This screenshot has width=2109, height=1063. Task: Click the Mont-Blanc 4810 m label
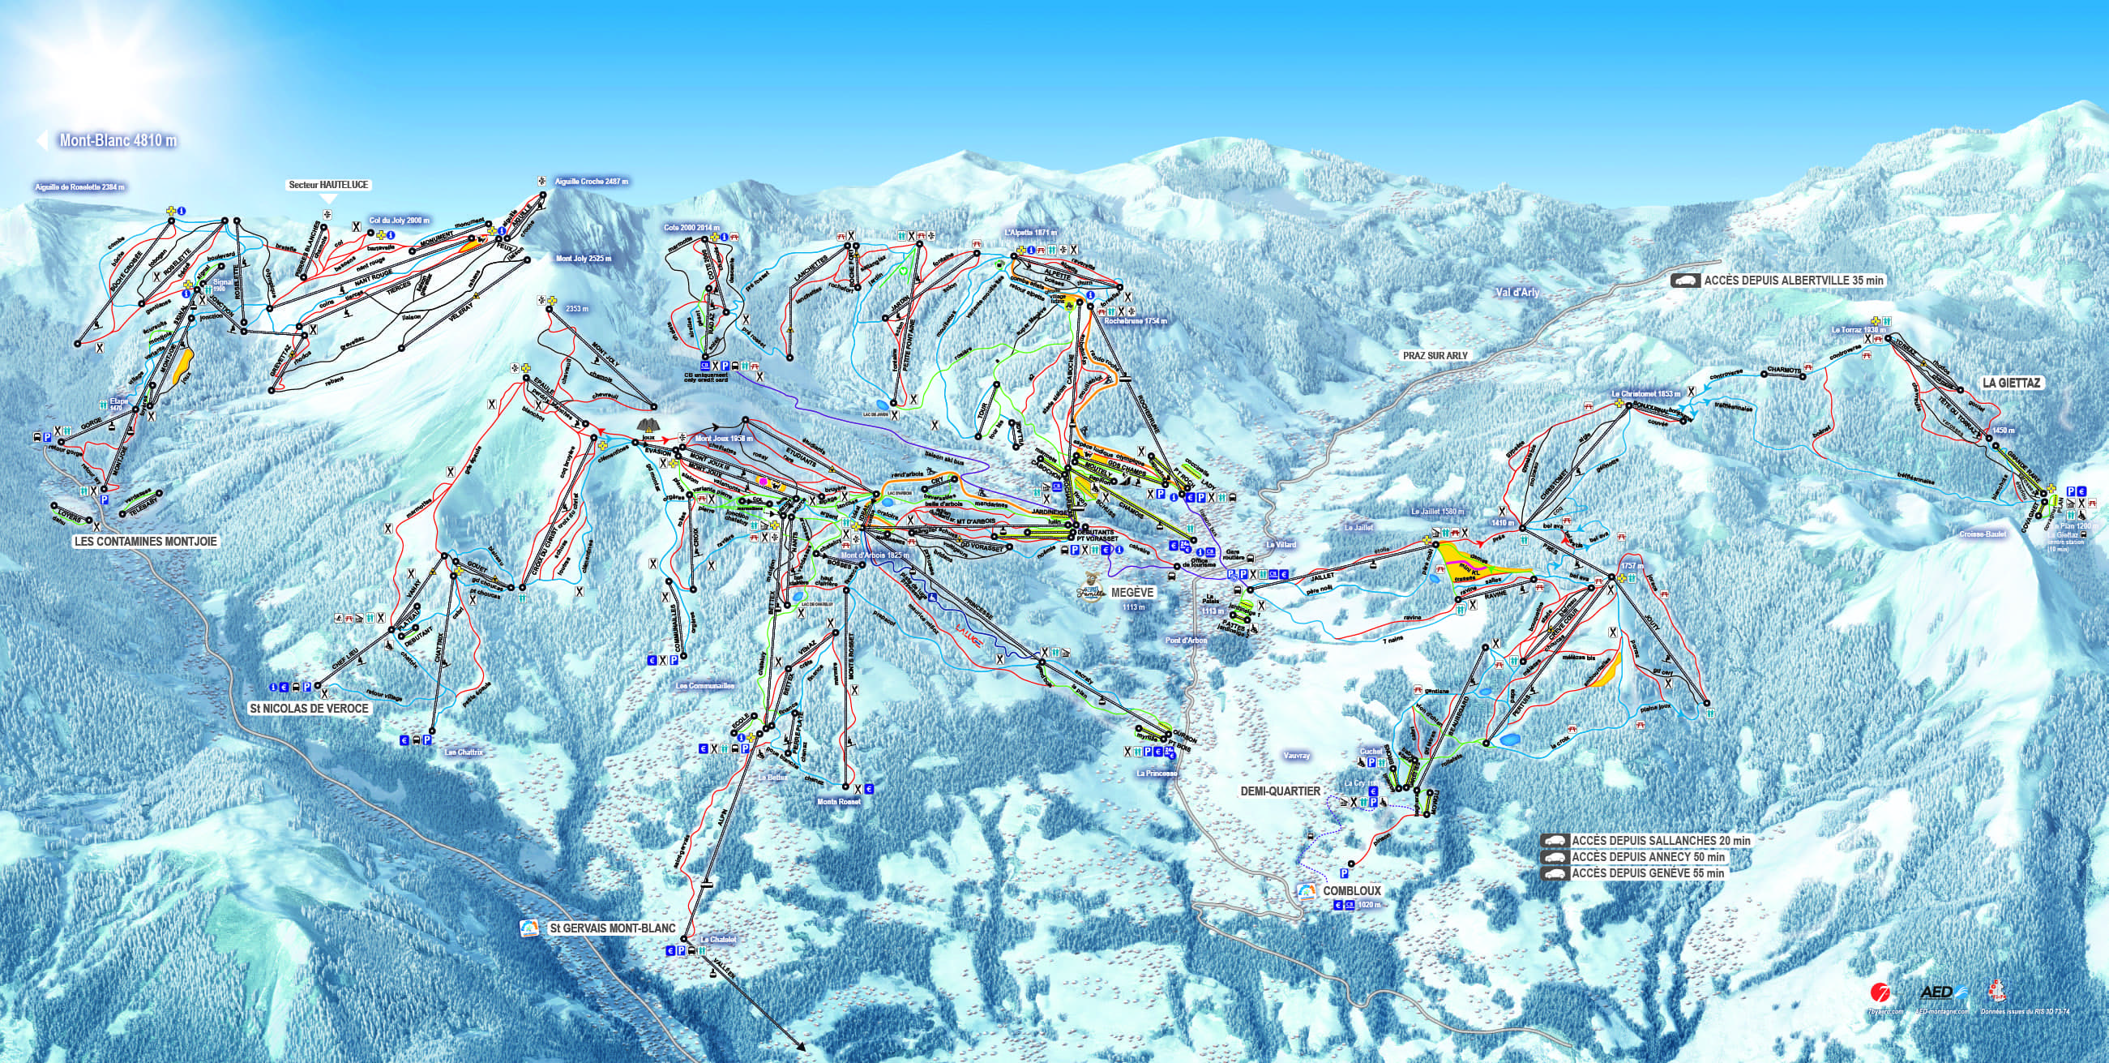click(117, 141)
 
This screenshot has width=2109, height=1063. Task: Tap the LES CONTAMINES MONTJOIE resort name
click(146, 542)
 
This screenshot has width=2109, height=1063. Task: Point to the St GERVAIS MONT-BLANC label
click(613, 928)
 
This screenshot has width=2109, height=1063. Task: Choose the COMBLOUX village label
click(1352, 890)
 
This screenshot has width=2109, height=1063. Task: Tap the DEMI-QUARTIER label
click(1281, 791)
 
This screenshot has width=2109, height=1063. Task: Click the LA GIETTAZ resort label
click(2011, 383)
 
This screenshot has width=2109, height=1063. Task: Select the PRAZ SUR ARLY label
click(1435, 355)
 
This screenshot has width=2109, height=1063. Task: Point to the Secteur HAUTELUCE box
click(328, 185)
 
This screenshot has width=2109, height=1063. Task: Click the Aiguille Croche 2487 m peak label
click(591, 181)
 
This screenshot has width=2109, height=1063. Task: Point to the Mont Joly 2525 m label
click(584, 259)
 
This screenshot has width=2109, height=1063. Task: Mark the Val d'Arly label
click(1517, 292)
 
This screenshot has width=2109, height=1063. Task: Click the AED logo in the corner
click(1938, 992)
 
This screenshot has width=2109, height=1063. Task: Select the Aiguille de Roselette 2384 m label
click(79, 186)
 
